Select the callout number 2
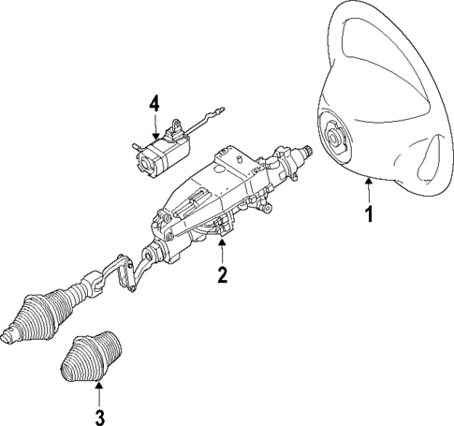coord(222,274)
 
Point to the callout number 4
coord(154,104)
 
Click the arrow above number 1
coord(369,190)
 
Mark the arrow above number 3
coord(99,391)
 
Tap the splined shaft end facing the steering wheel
coord(306,149)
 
